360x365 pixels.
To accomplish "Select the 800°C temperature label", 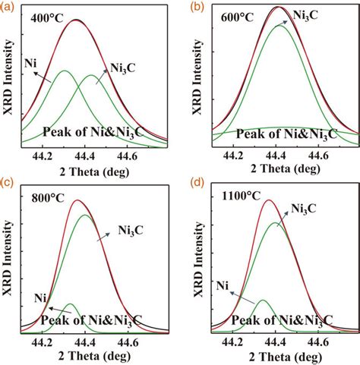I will [44, 200].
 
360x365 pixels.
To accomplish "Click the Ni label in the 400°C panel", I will [31, 62].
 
